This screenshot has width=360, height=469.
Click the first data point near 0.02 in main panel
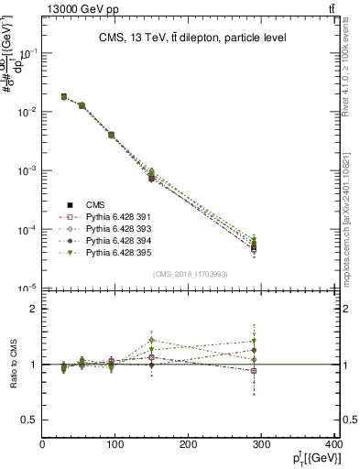(x=64, y=96)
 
